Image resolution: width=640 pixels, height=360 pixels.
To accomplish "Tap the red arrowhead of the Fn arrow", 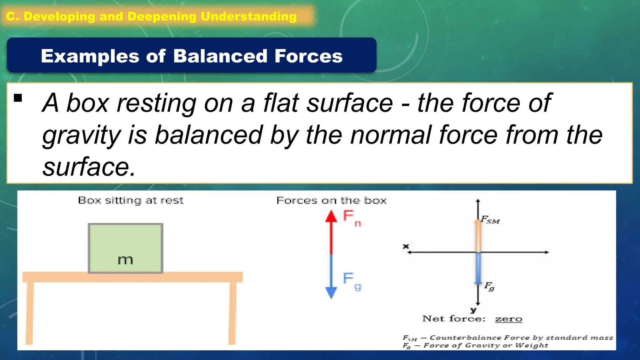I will tap(331, 216).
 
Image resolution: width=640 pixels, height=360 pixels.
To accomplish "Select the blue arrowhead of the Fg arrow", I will tap(331, 292).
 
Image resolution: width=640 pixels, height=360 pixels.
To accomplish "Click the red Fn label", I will tap(351, 217).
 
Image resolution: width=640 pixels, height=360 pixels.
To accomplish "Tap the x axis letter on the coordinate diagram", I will tap(406, 246).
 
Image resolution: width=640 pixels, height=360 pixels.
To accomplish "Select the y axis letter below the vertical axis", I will tap(473, 310).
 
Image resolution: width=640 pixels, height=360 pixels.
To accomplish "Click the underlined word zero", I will tap(508, 319).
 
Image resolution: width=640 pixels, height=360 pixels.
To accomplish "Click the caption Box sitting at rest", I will tap(131, 200).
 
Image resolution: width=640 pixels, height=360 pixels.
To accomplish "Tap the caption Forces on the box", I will tap(332, 200).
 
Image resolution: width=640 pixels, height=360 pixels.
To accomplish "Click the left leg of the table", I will tap(29, 312).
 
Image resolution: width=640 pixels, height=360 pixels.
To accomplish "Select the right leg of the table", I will tap(232, 312).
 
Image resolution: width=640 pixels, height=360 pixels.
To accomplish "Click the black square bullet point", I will tap(18, 98).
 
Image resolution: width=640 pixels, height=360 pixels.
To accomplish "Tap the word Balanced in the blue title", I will tap(220, 56).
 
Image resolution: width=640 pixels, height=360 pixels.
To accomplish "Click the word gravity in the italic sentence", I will tap(82, 135).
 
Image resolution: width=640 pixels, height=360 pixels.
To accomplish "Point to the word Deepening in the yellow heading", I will tap(162, 17).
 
